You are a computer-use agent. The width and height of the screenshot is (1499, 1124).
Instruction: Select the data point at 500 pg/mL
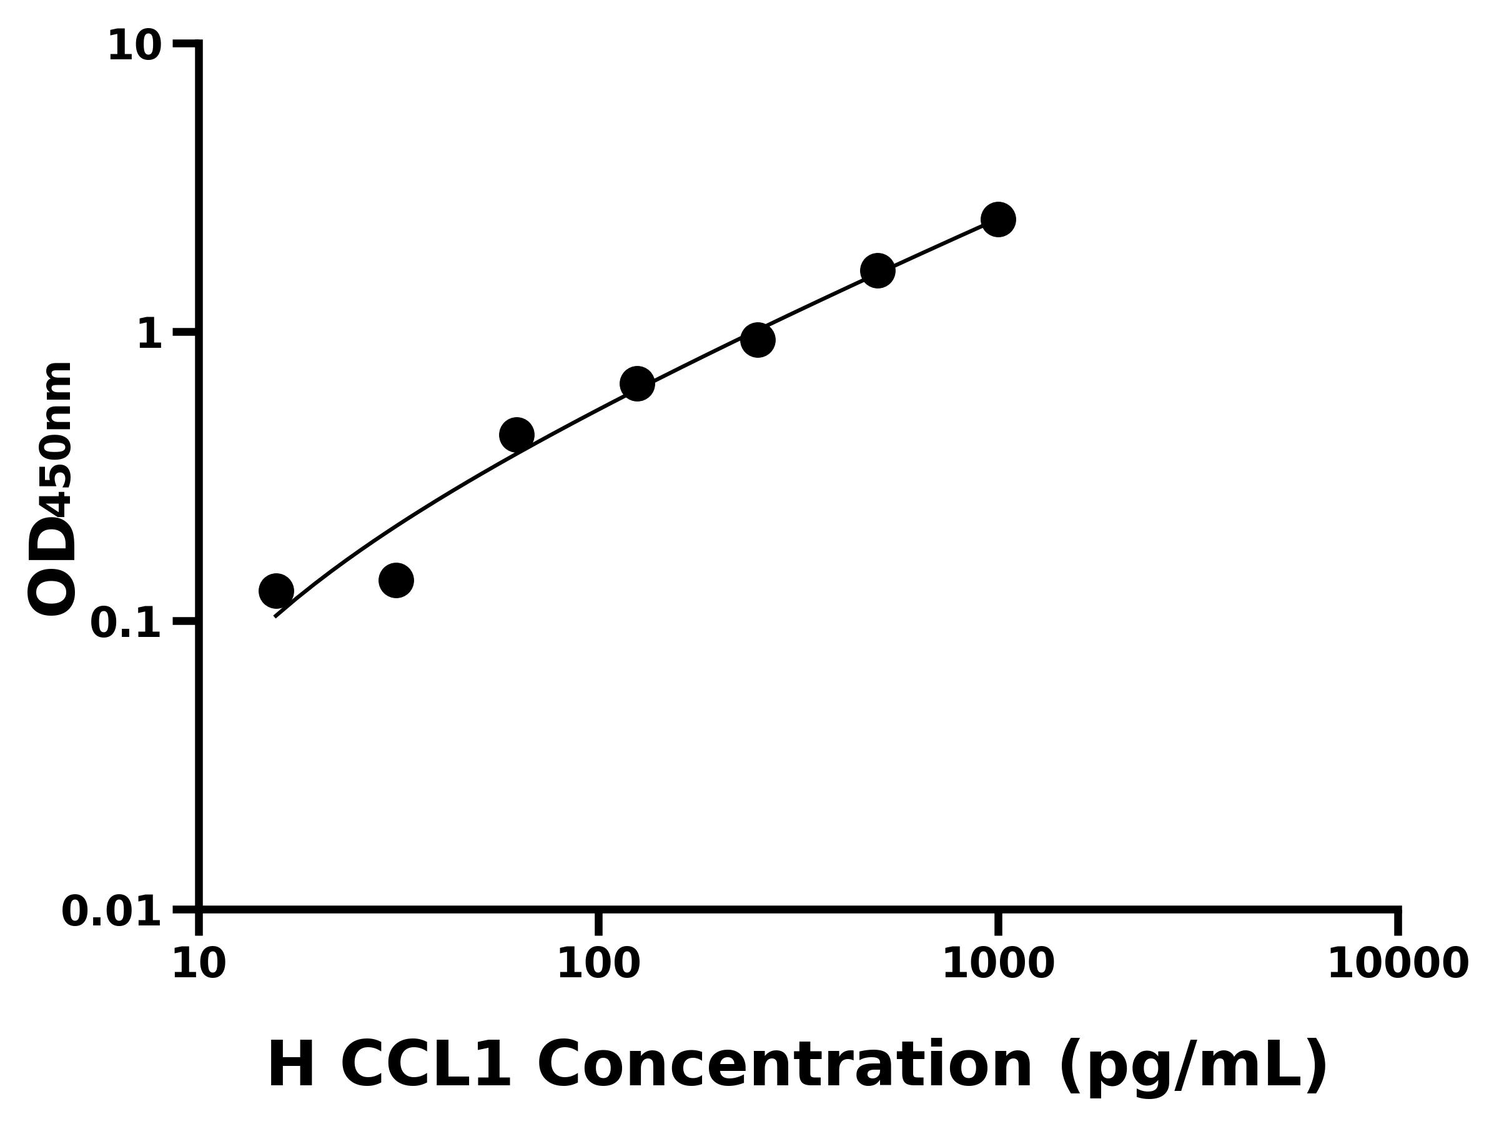tap(878, 271)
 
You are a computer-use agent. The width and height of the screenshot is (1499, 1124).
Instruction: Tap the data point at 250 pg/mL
tap(758, 340)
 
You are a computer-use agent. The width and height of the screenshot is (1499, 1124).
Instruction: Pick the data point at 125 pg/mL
tap(637, 384)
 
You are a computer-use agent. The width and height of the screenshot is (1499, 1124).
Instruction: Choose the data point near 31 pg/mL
tap(396, 580)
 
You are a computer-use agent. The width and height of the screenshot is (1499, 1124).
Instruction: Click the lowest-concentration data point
tap(276, 591)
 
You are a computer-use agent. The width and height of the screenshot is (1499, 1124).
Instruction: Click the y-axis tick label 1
tap(150, 335)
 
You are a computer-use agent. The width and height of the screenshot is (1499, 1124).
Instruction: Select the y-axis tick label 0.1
tap(126, 623)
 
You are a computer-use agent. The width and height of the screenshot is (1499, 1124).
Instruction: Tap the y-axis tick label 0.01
tap(112, 912)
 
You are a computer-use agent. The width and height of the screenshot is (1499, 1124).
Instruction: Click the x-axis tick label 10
tap(199, 964)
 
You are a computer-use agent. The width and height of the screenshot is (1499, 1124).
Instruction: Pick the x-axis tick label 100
tap(598, 964)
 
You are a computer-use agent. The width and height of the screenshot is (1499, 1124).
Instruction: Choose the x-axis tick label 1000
tap(997, 964)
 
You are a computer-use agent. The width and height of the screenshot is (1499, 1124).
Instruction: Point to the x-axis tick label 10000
tap(1397, 964)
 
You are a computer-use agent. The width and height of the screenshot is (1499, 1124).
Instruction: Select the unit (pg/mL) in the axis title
tap(1193, 1067)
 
